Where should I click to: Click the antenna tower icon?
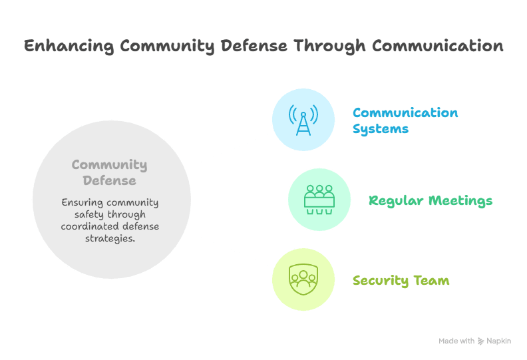(x=303, y=120)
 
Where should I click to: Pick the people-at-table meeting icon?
(x=319, y=200)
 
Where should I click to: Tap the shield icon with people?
(x=303, y=279)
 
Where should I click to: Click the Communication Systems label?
(x=405, y=120)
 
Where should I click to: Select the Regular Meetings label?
(x=431, y=200)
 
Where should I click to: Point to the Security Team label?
(x=401, y=280)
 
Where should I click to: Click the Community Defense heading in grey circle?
(x=109, y=172)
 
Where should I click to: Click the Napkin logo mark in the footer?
(x=481, y=341)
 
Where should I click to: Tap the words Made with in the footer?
(x=456, y=341)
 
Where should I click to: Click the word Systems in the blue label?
(x=380, y=128)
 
